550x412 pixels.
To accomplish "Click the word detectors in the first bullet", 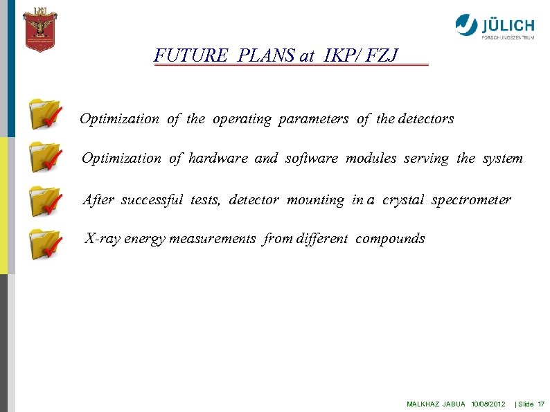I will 425,119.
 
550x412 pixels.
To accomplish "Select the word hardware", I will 218,159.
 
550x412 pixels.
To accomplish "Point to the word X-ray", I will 102,239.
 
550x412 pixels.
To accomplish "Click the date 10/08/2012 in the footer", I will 488,404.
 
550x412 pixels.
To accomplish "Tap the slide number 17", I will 541,404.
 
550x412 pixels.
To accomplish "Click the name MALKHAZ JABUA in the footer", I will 436,404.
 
